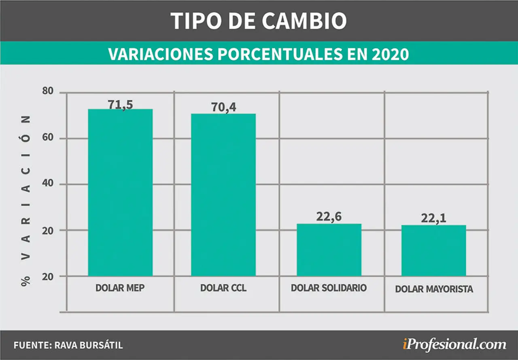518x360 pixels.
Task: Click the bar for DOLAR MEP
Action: tap(120, 193)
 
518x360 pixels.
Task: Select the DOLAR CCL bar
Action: tap(223, 195)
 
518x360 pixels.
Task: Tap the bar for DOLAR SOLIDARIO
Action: tap(329, 250)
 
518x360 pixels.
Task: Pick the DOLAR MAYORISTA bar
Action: tap(433, 250)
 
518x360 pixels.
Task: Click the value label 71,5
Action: tap(120, 104)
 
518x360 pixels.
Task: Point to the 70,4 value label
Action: tap(224, 107)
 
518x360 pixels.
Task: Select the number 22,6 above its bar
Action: tap(329, 217)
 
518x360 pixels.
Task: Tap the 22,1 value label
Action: tap(433, 218)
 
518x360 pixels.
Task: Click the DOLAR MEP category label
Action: tap(120, 288)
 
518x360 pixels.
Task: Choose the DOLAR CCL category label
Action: tap(223, 288)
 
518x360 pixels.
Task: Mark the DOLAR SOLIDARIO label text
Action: tap(329, 288)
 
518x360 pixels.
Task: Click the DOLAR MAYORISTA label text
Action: tap(434, 289)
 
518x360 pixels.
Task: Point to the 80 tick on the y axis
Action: tap(48, 91)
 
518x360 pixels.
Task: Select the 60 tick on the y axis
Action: tap(48, 138)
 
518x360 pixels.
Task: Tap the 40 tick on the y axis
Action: tap(48, 183)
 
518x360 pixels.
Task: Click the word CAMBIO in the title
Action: tap(304, 21)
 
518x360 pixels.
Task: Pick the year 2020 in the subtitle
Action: tap(391, 55)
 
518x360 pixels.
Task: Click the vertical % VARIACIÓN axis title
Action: tap(26, 201)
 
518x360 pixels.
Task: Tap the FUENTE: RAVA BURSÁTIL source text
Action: tap(68, 345)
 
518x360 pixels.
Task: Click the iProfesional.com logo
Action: tap(454, 345)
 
